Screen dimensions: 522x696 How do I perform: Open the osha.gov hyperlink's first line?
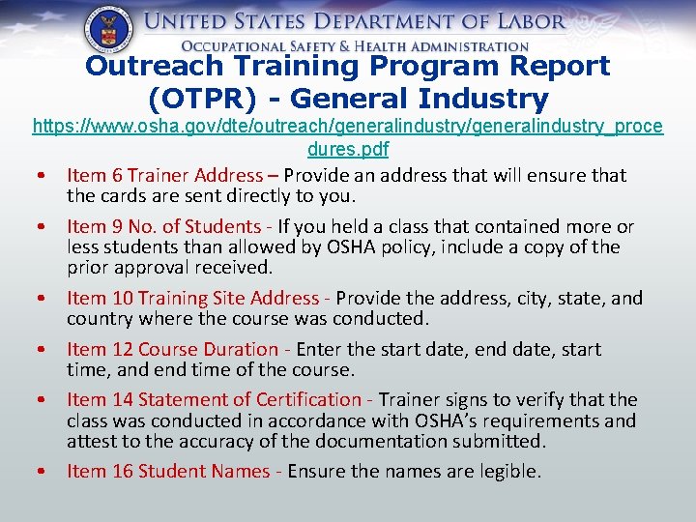[348, 127]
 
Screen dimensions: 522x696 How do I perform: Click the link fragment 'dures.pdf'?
[348, 150]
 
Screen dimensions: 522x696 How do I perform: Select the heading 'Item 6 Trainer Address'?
[164, 176]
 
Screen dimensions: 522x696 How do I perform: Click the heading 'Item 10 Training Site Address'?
[192, 299]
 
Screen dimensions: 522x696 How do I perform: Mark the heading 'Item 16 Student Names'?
[168, 471]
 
